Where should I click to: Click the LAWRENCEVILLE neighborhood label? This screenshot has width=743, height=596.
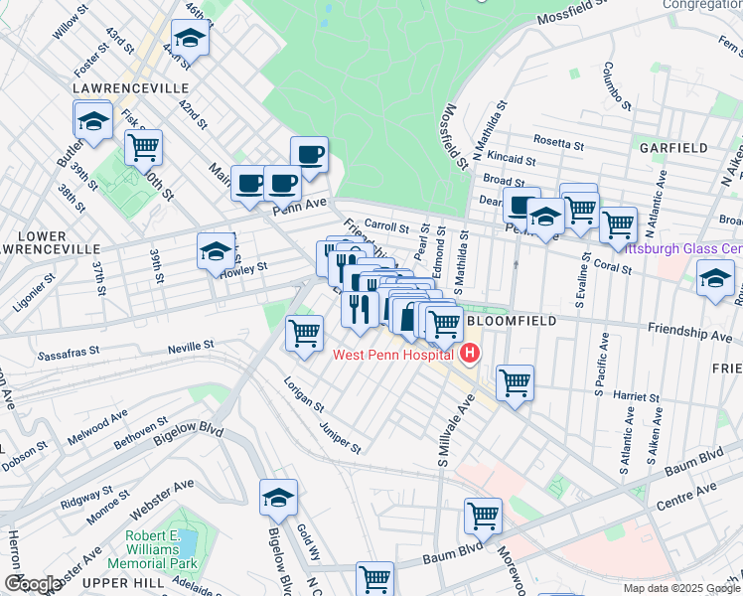(131, 88)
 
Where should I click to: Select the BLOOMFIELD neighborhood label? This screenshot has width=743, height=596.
(507, 323)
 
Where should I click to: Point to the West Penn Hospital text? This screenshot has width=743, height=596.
(392, 355)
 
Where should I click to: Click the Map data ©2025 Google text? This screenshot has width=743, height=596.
(680, 588)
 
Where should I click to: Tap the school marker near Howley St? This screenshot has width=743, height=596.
(215, 251)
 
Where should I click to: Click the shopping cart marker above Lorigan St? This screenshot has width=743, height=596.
(304, 332)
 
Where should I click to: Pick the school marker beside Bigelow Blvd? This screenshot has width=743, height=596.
(278, 498)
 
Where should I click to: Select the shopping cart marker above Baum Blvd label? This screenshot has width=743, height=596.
(483, 516)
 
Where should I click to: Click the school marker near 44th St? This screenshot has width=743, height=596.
(187, 40)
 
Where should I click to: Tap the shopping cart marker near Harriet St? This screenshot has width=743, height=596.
(515, 381)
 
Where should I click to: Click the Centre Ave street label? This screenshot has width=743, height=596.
(685, 492)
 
